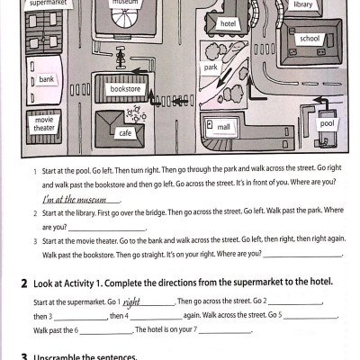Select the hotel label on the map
228,23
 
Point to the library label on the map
303,5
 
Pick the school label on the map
309,40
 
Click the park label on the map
211,67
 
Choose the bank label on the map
47,80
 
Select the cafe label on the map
125,133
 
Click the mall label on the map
224,128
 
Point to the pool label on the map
327,123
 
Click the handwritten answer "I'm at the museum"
74,199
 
